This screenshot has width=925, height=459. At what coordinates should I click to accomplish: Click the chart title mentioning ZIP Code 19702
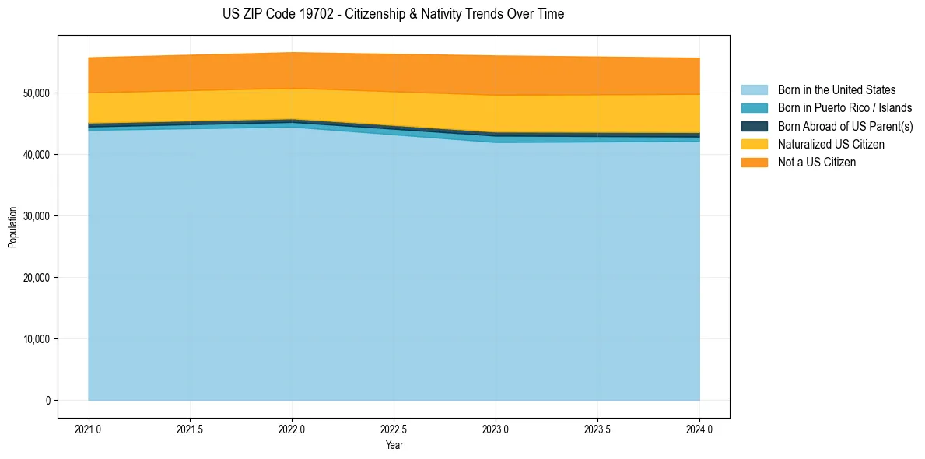point(393,14)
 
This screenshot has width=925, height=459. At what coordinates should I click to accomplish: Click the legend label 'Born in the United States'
point(836,90)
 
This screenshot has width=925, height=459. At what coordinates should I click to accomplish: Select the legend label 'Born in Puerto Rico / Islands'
point(845,108)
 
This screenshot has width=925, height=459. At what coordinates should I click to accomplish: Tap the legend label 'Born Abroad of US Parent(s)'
point(845,126)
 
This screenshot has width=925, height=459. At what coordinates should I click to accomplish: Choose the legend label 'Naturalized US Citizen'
point(831,145)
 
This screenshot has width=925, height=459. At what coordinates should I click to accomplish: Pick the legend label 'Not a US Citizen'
point(816,163)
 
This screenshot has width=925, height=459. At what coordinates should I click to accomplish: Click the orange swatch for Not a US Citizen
point(754,163)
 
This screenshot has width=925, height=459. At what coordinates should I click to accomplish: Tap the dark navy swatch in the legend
point(754,126)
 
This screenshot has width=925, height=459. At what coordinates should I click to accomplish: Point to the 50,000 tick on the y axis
point(37,93)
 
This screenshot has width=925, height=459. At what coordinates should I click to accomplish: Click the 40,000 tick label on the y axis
point(37,155)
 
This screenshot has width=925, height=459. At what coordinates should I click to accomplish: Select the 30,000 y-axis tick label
point(37,216)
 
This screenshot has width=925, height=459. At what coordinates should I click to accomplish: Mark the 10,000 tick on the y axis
point(37,339)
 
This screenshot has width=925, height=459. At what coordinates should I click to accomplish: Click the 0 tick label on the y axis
point(47,401)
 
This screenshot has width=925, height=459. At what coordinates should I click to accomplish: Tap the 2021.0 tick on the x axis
point(89,429)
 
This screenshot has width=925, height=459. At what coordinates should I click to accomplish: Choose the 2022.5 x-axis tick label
point(394,429)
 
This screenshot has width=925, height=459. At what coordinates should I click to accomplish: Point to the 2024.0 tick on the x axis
point(699,429)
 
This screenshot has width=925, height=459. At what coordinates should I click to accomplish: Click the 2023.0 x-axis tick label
point(496,429)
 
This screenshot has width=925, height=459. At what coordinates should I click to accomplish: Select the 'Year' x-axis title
point(394,445)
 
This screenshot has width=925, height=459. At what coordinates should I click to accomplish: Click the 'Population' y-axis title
point(12,227)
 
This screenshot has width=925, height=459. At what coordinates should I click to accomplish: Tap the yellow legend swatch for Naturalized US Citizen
point(754,145)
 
